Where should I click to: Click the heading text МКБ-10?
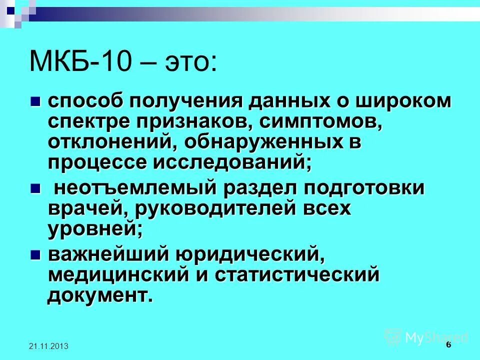tap(82, 62)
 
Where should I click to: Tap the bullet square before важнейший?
tap(34, 254)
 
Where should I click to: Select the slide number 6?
tap(448, 344)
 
